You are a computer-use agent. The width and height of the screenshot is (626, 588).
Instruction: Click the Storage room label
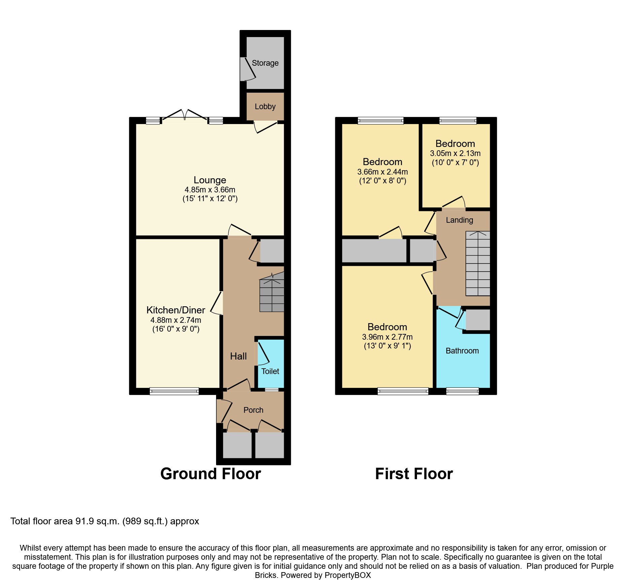265,63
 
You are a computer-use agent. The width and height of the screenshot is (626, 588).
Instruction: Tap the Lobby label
265,106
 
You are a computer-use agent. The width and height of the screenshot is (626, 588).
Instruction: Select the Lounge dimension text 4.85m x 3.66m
210,189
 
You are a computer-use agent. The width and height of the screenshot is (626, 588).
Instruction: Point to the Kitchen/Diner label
176,310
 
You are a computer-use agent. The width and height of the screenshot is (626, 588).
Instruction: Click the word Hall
238,356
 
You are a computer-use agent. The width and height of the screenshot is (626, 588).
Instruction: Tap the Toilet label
270,371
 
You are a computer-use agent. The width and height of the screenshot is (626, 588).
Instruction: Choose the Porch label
253,410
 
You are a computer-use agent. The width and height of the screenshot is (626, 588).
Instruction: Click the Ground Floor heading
211,474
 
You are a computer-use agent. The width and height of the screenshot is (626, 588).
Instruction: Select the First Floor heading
414,474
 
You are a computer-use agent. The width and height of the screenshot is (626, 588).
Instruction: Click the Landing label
459,220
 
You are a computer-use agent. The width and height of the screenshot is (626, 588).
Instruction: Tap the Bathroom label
462,351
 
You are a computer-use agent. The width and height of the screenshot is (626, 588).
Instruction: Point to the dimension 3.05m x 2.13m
455,153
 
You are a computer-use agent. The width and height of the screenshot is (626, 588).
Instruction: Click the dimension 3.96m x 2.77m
387,337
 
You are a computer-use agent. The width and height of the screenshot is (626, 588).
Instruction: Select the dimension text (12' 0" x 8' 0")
383,181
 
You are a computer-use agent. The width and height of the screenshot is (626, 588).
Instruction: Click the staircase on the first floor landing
478,264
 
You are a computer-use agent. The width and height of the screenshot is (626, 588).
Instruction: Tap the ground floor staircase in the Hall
272,292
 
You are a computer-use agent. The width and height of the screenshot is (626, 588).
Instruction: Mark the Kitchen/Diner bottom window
174,391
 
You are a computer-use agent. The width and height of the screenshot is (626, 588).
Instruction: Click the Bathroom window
462,391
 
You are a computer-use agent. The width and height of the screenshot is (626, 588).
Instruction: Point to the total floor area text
105,521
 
